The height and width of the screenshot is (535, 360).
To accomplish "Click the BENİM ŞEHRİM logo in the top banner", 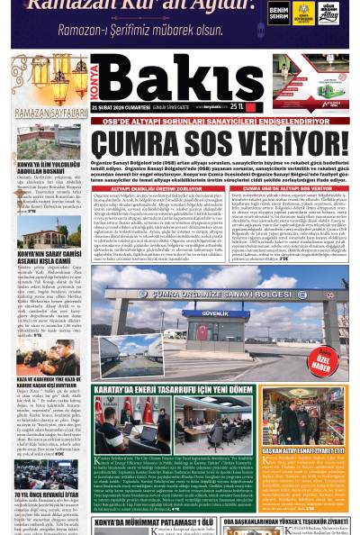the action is (x=277, y=13).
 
